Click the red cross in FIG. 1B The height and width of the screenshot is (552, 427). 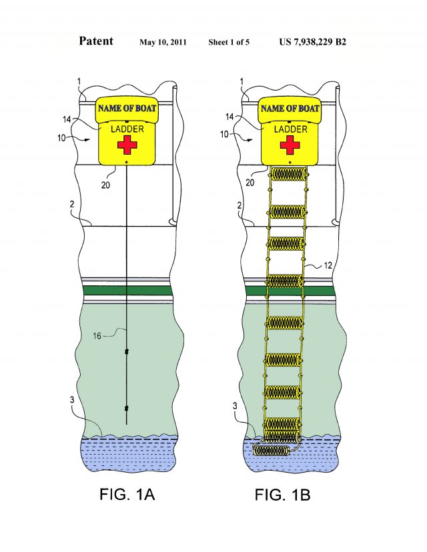[x=289, y=144]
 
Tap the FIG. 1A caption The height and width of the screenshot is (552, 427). [x=126, y=495]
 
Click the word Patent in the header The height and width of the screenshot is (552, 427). [x=96, y=41]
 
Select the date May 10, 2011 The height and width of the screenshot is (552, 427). [x=163, y=43]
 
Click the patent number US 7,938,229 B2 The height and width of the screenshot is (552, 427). [x=312, y=42]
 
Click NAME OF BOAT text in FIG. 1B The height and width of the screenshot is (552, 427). [x=290, y=108]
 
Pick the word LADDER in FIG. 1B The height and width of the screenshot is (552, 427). [x=290, y=129]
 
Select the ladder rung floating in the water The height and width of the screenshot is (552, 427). [x=273, y=451]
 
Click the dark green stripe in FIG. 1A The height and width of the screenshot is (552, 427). [x=127, y=291]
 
